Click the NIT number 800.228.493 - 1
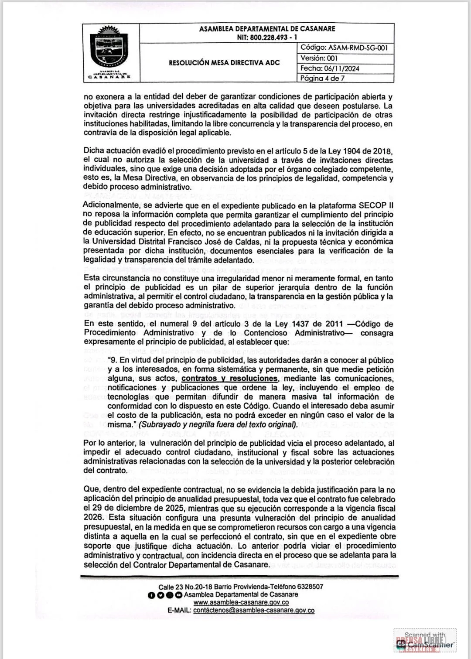click(267, 38)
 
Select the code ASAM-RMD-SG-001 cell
click(344, 48)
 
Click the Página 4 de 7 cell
click(322, 79)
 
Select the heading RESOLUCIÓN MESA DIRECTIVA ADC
click(224, 63)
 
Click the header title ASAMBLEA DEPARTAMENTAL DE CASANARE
click(267, 29)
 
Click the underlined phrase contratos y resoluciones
click(230, 379)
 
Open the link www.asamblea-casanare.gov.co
click(241, 602)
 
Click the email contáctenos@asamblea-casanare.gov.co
click(253, 611)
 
